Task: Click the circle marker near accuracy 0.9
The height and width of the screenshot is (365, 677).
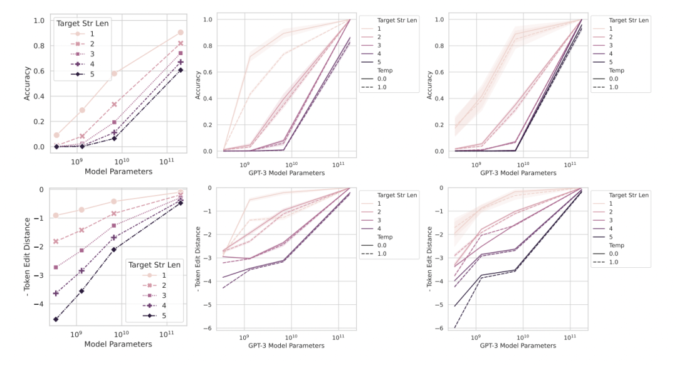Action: click(180, 32)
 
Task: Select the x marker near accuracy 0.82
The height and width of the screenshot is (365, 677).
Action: click(180, 43)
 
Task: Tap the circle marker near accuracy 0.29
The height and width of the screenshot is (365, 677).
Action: click(82, 110)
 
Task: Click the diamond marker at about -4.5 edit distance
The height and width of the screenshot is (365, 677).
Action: click(56, 319)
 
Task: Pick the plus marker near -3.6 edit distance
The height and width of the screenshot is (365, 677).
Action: click(56, 293)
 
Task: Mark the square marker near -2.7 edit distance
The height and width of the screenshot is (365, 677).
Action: click(56, 267)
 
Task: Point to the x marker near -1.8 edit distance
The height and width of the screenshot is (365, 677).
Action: click(56, 241)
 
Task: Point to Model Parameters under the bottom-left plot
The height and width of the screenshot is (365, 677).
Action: click(118, 344)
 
